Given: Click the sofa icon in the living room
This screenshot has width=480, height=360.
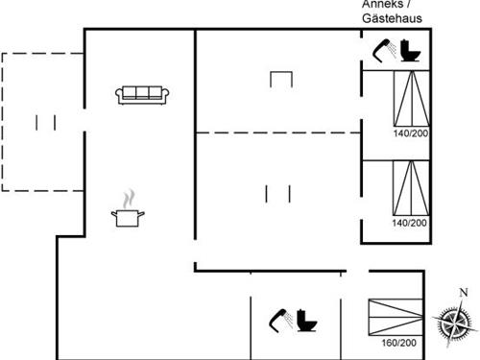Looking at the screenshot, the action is (x=142, y=94).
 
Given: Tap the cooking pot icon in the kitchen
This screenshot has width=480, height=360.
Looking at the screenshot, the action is (x=127, y=217).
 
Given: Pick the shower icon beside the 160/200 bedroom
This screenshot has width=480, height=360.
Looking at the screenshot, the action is (x=279, y=318).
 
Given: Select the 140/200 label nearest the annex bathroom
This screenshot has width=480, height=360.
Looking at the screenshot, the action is (x=409, y=132).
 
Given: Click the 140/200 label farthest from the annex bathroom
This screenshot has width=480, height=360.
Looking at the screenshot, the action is (x=409, y=223).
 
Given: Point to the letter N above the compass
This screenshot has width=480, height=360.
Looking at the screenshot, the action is (x=463, y=292).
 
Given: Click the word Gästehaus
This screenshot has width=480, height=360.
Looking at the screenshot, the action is (x=393, y=18).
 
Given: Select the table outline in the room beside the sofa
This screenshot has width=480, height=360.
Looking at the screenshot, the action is (x=280, y=79).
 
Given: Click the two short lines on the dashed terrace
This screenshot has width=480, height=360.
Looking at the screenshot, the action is (x=45, y=122).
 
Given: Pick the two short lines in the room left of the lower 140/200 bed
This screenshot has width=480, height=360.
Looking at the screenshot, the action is (x=277, y=193).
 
